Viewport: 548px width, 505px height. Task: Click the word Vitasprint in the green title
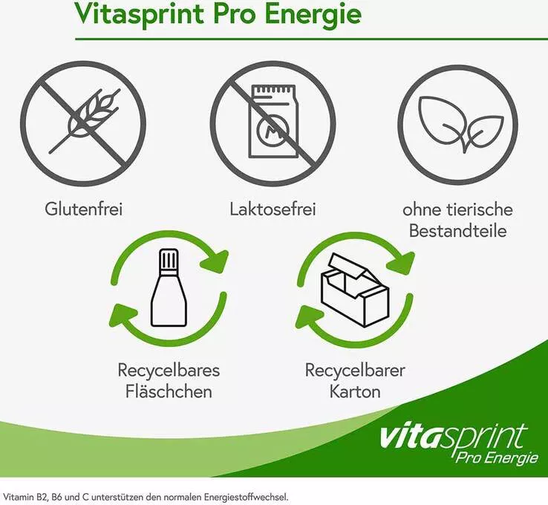tap(140, 14)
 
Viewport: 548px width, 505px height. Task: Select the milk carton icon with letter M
tap(273, 121)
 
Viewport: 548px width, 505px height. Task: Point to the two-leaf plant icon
tap(461, 124)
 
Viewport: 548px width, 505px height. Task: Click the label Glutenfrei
tap(83, 209)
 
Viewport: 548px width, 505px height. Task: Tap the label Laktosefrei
tap(273, 209)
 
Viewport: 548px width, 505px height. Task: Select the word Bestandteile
tap(458, 231)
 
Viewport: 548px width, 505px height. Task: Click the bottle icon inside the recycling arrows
tap(169, 287)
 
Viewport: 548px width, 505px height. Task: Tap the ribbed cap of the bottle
tap(169, 259)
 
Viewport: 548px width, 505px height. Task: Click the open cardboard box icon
tap(355, 290)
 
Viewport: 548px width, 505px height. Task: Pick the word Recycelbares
tap(169, 370)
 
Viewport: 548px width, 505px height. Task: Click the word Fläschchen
tap(169, 391)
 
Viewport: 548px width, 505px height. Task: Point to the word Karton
tap(355, 391)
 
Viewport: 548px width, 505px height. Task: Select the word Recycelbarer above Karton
tap(355, 370)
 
